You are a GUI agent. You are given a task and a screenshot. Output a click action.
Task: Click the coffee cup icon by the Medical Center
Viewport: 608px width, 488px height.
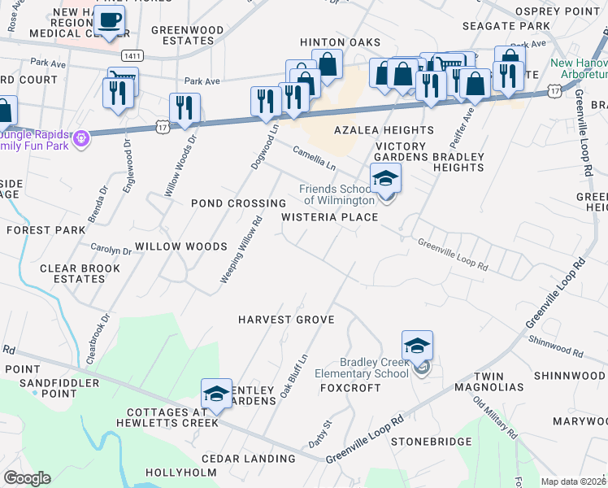point(109,20)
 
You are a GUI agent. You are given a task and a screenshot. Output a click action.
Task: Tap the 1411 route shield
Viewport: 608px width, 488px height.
point(133,55)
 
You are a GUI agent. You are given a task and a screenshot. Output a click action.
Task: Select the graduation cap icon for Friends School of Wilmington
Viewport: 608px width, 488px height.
point(385,178)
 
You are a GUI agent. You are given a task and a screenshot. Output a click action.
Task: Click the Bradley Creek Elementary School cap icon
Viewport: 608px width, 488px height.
point(417,346)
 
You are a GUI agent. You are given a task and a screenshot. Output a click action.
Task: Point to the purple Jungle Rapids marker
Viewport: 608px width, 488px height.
point(80,140)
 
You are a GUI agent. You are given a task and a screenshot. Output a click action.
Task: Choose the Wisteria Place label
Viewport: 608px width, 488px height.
point(330,217)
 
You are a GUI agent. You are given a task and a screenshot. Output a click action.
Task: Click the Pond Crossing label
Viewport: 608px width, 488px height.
point(238,203)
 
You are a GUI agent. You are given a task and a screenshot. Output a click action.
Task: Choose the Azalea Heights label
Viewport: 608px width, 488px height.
point(384,130)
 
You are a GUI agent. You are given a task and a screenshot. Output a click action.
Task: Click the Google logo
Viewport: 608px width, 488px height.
point(27,478)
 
